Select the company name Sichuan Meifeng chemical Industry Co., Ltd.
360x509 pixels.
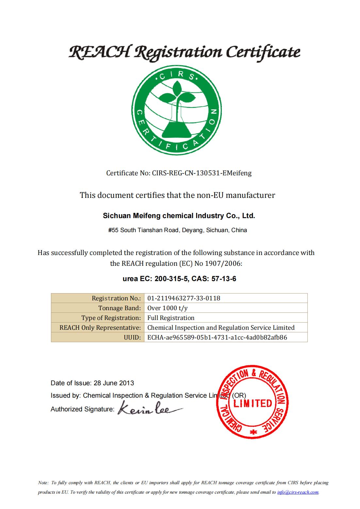point(179,216)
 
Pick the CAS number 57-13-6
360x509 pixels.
point(224,279)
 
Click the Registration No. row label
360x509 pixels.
point(116,298)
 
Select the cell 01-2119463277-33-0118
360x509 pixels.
point(184,298)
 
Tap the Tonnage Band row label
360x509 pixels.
point(119,308)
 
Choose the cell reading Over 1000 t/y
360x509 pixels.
point(167,308)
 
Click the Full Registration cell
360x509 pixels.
point(171,318)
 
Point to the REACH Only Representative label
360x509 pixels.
point(100,327)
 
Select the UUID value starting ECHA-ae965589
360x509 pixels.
point(217,337)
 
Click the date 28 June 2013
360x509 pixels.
point(114,383)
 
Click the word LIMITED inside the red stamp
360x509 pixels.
point(252,403)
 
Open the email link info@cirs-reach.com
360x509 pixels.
point(298,492)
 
